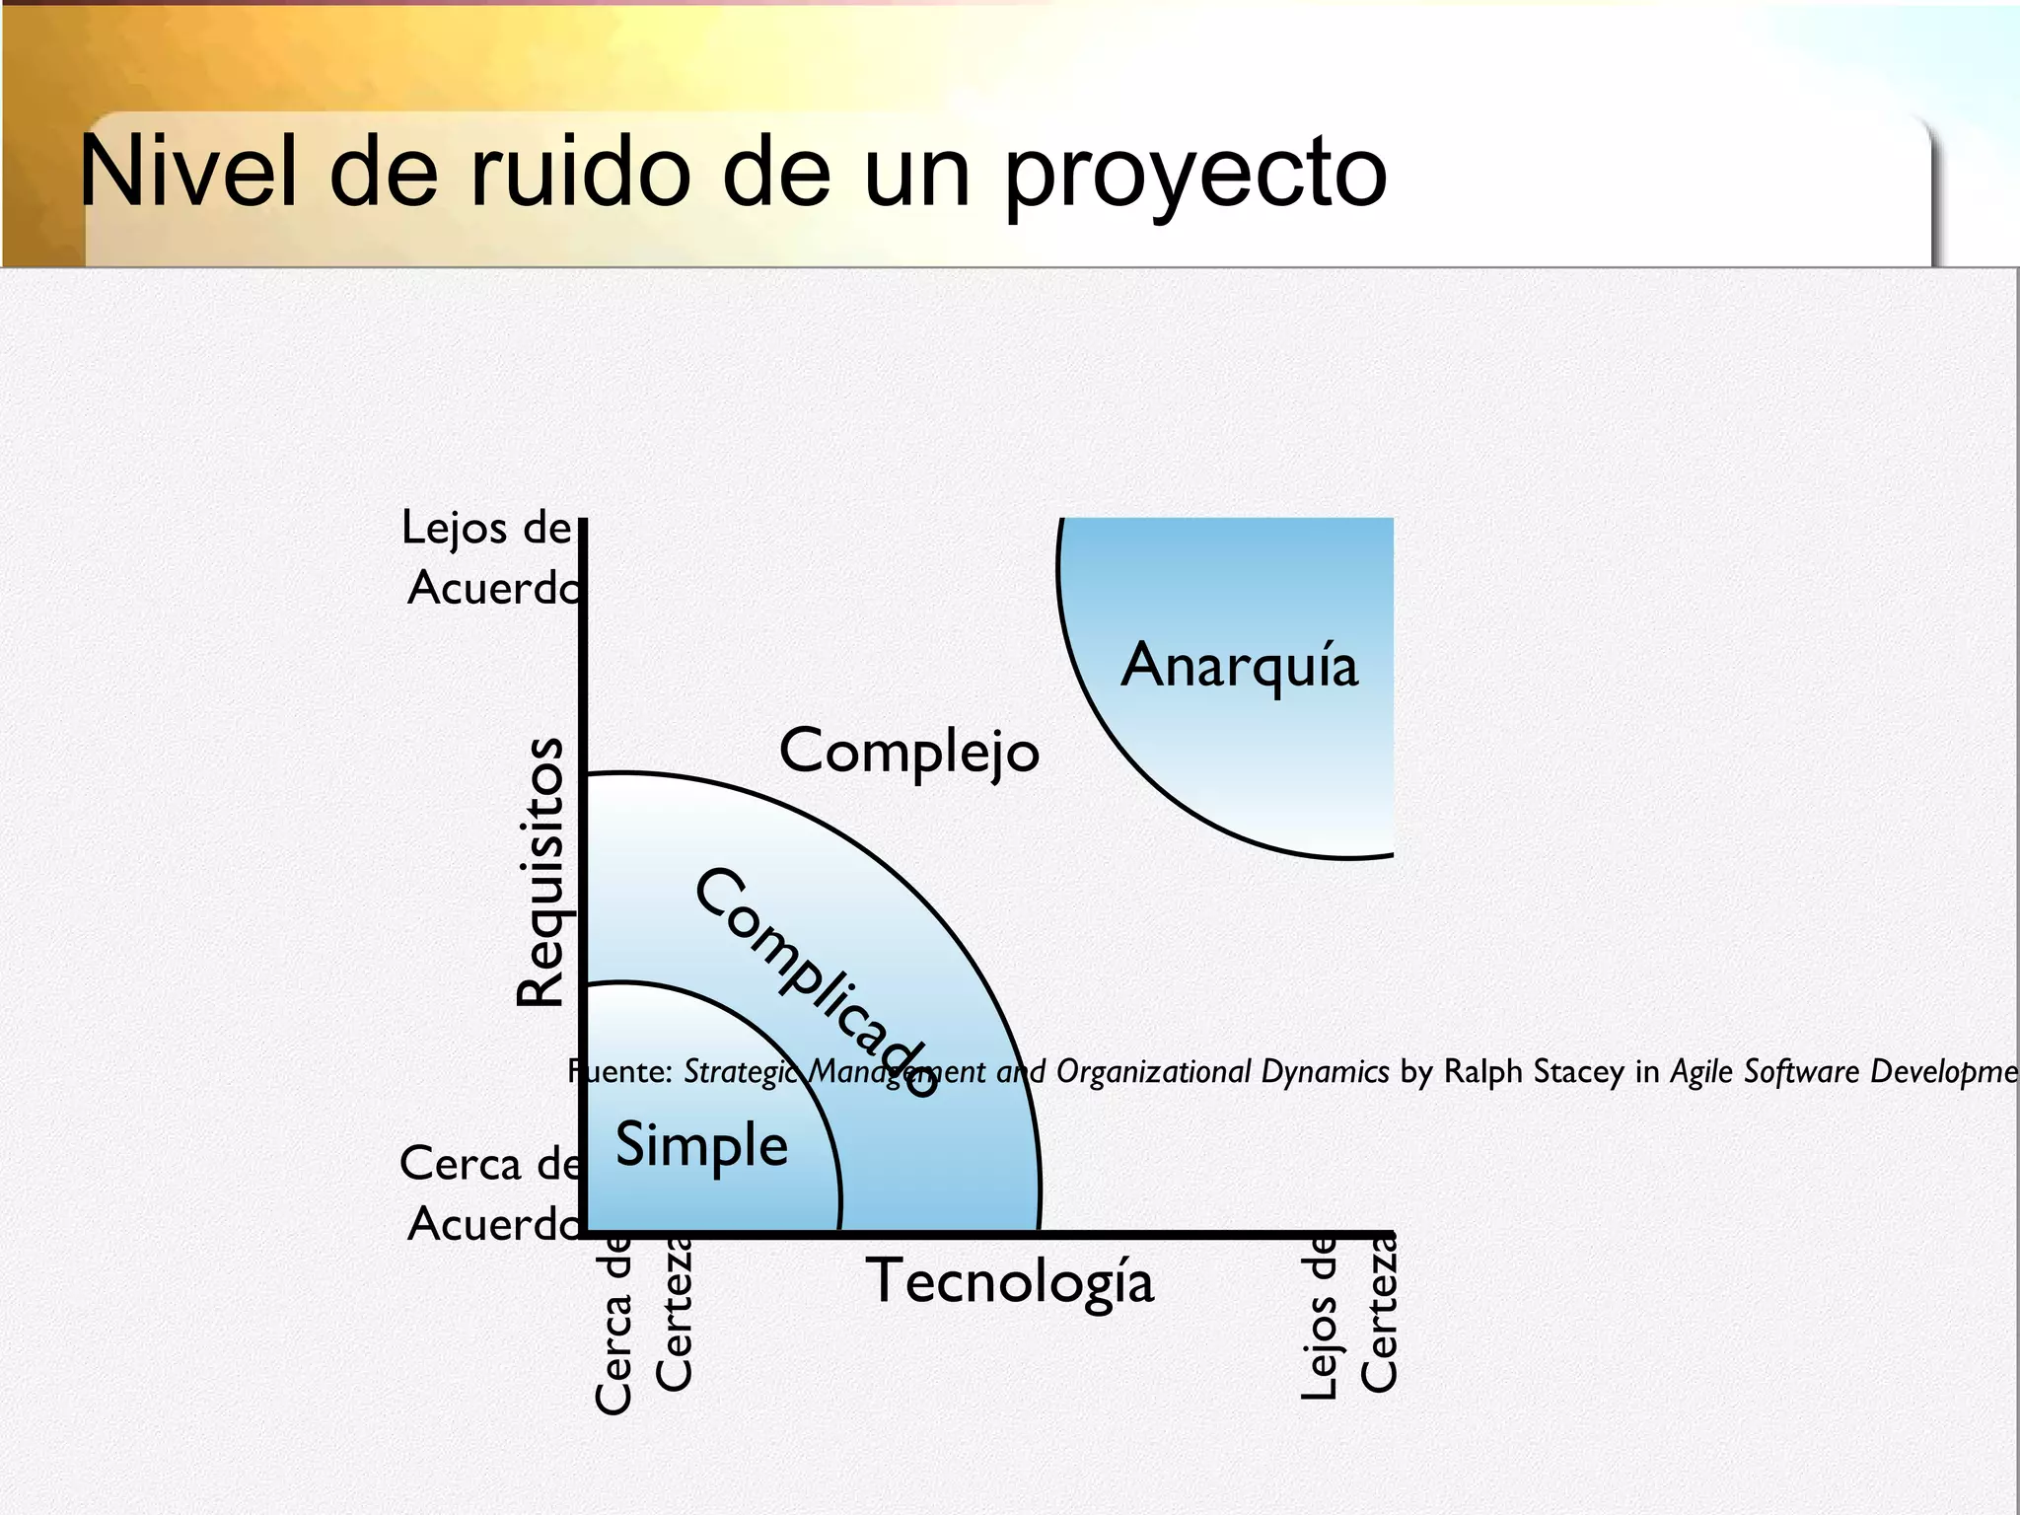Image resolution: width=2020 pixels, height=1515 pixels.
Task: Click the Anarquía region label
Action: [1240, 664]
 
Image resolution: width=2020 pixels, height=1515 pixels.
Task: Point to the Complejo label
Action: [909, 752]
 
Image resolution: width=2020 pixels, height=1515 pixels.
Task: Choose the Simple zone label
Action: [701, 1145]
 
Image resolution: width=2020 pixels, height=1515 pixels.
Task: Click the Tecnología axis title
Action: [1010, 1282]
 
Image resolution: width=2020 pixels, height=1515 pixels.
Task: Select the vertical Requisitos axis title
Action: [541, 872]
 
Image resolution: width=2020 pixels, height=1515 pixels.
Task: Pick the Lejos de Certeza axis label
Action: [1349, 1314]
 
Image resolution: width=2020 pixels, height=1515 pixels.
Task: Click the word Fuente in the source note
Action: [620, 1071]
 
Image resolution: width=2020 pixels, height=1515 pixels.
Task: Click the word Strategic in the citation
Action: [742, 1071]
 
